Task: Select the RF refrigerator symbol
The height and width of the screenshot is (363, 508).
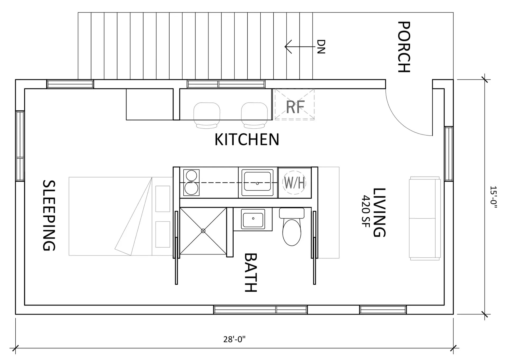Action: pyautogui.click(x=295, y=104)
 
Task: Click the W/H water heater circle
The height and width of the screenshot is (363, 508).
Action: pyautogui.click(x=294, y=183)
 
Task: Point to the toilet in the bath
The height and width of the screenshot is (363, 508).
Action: pyautogui.click(x=292, y=227)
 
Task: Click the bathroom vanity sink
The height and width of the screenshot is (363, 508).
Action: pyautogui.click(x=253, y=219)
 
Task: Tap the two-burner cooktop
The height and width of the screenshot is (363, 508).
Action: pyautogui.click(x=191, y=182)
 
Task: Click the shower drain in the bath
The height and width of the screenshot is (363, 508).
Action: pyautogui.click(x=203, y=231)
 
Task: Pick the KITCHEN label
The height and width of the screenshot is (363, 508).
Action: pyautogui.click(x=247, y=140)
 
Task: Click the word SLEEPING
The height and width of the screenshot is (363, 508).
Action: pyautogui.click(x=49, y=215)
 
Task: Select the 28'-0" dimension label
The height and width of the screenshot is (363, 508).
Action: pyautogui.click(x=234, y=339)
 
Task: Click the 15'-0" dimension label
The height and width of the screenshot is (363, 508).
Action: pyautogui.click(x=493, y=197)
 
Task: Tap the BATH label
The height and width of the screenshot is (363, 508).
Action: pyautogui.click(x=250, y=273)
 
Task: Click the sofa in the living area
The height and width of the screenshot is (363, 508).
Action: pyautogui.click(x=425, y=218)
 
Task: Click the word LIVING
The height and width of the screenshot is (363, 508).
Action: pyautogui.click(x=379, y=212)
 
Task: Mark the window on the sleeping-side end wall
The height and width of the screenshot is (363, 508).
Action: pyautogui.click(x=20, y=146)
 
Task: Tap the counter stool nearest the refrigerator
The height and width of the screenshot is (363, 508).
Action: pyautogui.click(x=254, y=115)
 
